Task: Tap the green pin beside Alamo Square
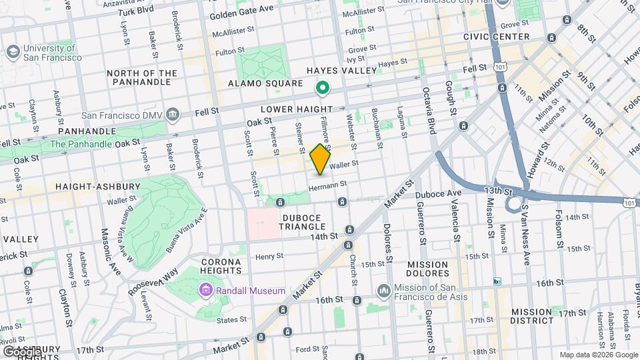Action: coord(323,87)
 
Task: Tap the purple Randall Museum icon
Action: coord(205,291)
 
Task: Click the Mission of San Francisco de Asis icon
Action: coord(383,291)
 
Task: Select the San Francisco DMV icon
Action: coord(173,113)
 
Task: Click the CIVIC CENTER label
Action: coord(498,37)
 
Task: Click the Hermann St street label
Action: coord(328,184)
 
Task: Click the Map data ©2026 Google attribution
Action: coord(598,355)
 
